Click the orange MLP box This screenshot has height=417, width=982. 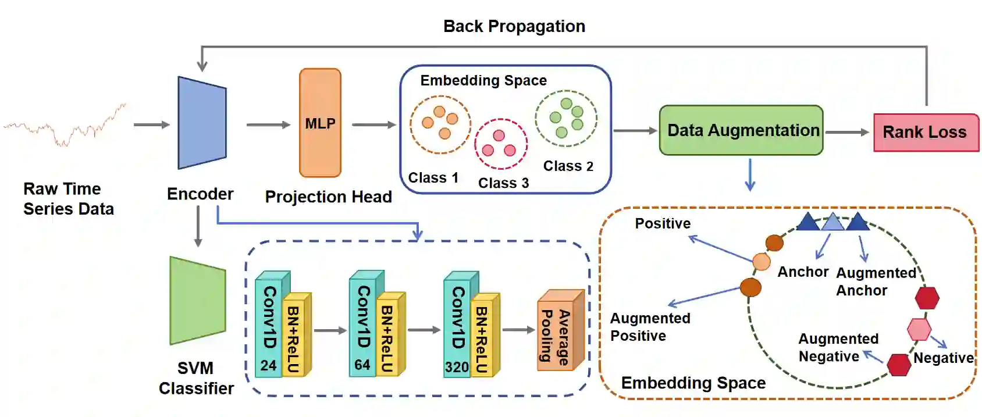[x=320, y=123]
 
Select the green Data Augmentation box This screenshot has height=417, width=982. [x=741, y=130]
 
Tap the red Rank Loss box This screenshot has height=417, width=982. [x=926, y=133]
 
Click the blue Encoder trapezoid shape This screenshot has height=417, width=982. [x=202, y=123]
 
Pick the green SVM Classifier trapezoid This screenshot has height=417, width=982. [x=197, y=301]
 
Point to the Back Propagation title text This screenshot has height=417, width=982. [x=514, y=26]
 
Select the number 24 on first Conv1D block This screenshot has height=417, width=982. [x=268, y=365]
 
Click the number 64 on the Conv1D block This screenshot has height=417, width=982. [x=362, y=365]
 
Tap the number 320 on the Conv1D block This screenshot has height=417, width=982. [x=457, y=367]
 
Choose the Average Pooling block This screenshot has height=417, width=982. [x=560, y=330]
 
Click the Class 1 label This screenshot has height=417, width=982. [x=433, y=177]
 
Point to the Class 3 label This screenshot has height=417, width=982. [x=503, y=183]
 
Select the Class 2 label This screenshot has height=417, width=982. [x=568, y=166]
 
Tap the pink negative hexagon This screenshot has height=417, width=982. [x=919, y=329]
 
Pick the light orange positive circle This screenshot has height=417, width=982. [x=762, y=262]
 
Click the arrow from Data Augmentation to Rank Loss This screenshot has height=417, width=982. [x=847, y=132]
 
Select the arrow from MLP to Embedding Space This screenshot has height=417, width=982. [x=373, y=124]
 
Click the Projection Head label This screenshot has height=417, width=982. [x=328, y=197]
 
